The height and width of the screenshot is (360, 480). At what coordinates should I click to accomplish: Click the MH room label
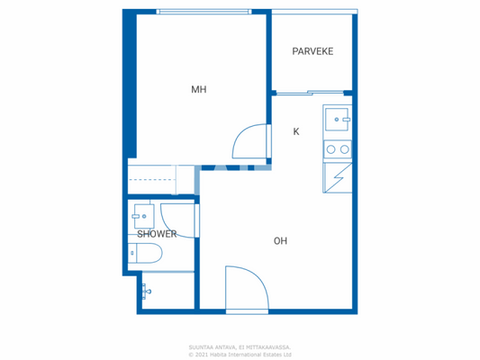198,89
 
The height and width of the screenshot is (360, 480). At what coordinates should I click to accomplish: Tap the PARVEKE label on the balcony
312,51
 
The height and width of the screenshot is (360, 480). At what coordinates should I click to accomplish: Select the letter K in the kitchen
295,131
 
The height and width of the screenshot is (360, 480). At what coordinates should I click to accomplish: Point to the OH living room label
280,240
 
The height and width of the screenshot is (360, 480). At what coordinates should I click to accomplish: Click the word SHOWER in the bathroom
156,234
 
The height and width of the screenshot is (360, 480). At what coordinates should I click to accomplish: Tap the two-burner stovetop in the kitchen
338,149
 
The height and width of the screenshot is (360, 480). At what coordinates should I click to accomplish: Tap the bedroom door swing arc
250,145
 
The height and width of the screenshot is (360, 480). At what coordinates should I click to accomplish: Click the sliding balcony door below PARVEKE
310,92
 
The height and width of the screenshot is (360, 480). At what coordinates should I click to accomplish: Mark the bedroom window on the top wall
203,12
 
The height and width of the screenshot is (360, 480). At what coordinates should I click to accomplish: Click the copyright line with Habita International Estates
240,354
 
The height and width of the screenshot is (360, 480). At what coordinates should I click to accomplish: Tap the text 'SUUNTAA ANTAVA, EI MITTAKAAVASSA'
240,346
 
